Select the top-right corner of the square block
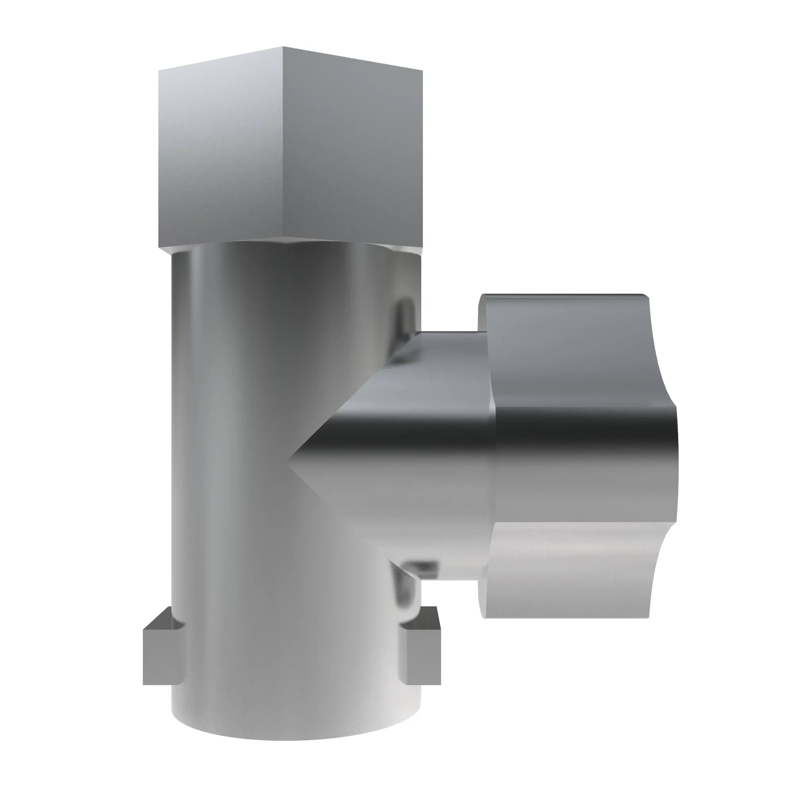(x=422, y=70)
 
